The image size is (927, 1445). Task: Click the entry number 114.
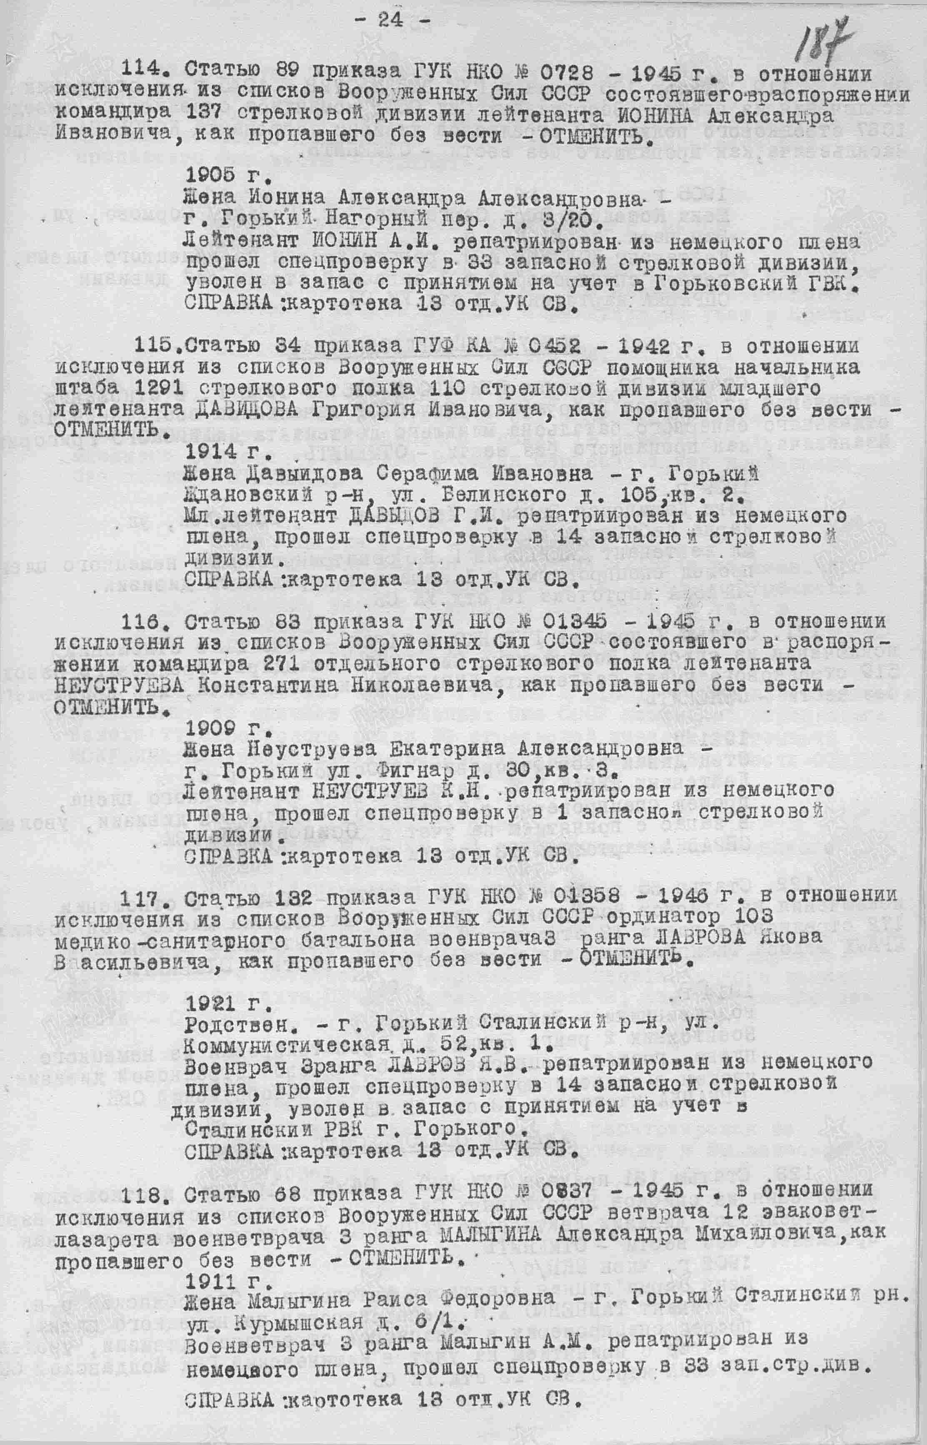coord(145,70)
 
